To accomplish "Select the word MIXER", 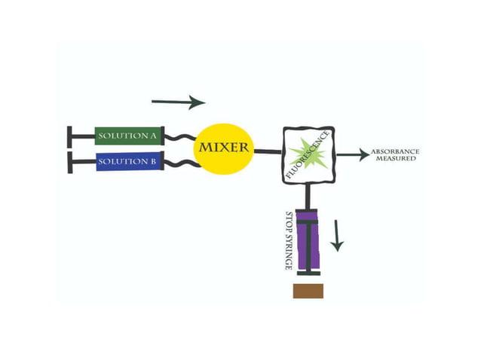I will [223, 146].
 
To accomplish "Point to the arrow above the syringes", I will [178, 102].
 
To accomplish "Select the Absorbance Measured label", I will [395, 155].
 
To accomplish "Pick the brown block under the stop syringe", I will [308, 291].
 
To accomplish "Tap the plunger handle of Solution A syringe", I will [70, 136].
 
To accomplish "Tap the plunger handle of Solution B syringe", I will [70, 162].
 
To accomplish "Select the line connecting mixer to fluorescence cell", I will [267, 151].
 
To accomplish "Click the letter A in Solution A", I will [154, 136].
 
